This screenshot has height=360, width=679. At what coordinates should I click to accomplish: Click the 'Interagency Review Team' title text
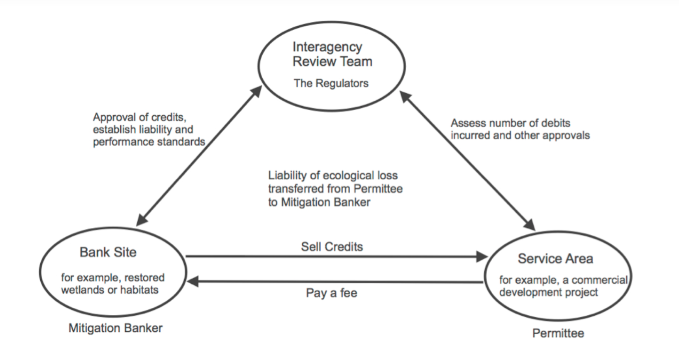coord(332,54)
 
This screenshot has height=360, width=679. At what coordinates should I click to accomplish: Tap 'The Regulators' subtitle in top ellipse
coord(331,83)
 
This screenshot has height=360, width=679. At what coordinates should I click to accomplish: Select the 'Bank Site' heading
coord(108,252)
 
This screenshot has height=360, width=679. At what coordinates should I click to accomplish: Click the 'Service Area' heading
coord(555,259)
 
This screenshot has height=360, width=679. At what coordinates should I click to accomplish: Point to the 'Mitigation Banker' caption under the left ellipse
coord(115,328)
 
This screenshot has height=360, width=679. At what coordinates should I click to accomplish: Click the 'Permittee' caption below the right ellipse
coord(558,333)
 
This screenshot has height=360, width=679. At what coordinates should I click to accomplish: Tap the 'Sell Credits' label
coord(332,247)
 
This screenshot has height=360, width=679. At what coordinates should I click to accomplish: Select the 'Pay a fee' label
coord(331,293)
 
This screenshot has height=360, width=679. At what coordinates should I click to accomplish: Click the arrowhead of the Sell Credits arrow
coord(482,257)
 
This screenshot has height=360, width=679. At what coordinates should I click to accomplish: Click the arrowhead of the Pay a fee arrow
coord(192,282)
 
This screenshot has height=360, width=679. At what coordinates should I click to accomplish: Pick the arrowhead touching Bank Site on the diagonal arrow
coord(141,220)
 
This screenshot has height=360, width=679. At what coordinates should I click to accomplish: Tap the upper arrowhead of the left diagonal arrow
coord(256,91)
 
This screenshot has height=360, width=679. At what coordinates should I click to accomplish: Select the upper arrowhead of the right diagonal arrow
coord(405,97)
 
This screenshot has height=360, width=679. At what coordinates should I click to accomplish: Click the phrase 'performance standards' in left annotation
coord(149,142)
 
